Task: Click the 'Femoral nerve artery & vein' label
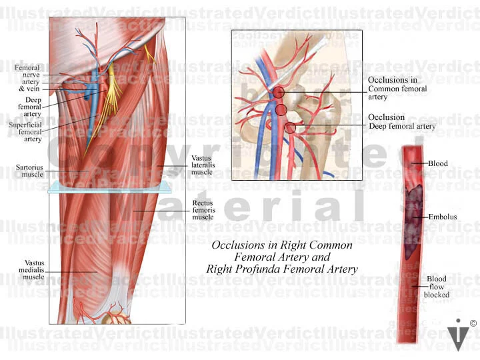point(27,78)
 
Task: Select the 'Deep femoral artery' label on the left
point(29,106)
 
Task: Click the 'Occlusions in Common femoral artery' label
point(397,88)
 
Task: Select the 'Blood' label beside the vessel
point(437,163)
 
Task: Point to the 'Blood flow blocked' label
point(437,287)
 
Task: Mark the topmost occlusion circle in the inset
point(278,93)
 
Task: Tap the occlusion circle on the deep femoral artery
point(290,127)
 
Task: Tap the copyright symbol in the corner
point(473,323)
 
